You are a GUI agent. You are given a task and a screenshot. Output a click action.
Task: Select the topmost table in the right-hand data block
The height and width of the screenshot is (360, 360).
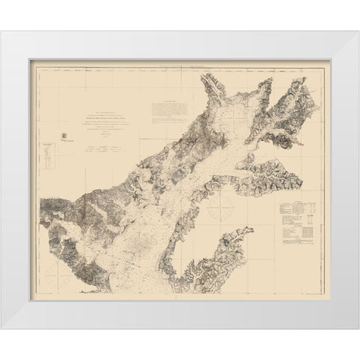(x=300, y=206)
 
